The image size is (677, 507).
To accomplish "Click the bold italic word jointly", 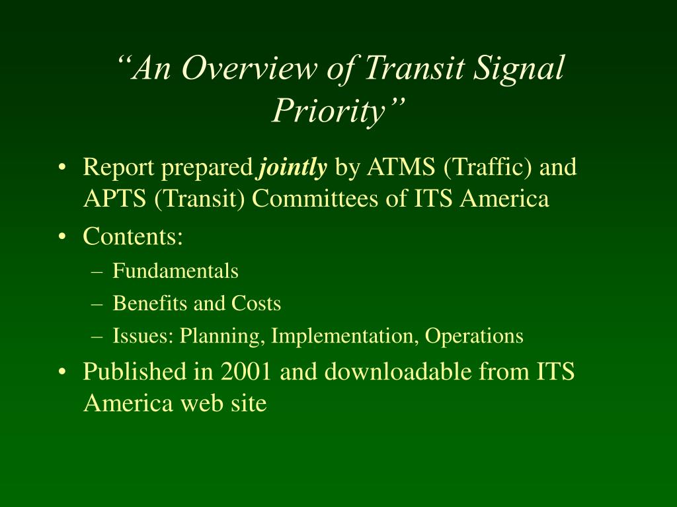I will (x=293, y=168).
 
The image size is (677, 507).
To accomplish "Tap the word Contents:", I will (x=132, y=236).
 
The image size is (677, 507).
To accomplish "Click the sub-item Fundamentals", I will (x=175, y=271).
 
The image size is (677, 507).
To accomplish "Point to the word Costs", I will (x=256, y=304).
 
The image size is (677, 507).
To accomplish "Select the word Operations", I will (x=474, y=336).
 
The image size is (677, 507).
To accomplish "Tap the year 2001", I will (x=246, y=372).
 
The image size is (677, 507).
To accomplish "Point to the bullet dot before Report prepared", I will (x=62, y=168).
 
